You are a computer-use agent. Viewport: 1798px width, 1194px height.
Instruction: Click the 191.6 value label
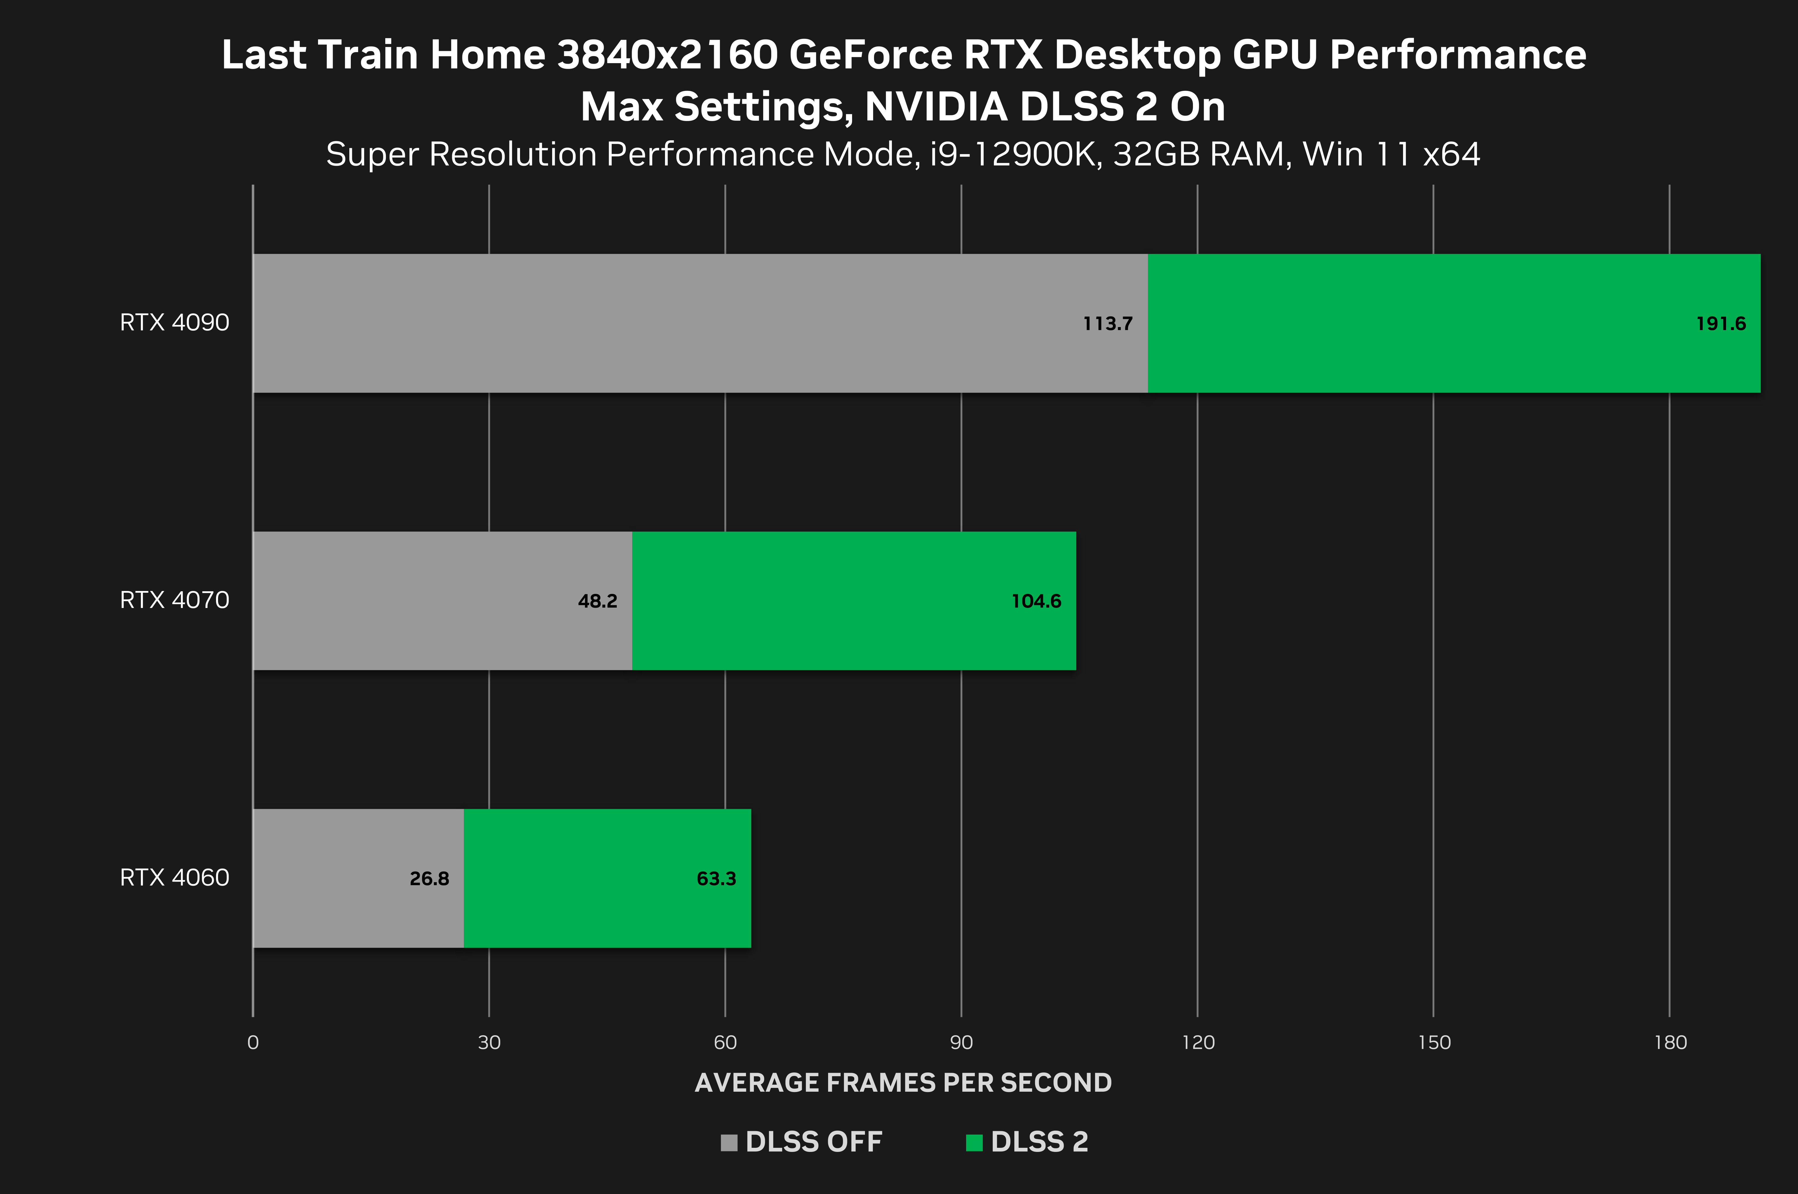point(1720,324)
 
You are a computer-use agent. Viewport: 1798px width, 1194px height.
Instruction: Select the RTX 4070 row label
point(175,600)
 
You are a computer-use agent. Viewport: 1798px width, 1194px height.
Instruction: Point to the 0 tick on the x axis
point(253,1043)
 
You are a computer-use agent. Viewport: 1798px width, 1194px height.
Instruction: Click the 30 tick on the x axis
point(489,1043)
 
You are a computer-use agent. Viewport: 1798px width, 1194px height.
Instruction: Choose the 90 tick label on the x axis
point(961,1043)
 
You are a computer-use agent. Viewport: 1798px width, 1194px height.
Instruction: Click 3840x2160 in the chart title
point(667,55)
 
